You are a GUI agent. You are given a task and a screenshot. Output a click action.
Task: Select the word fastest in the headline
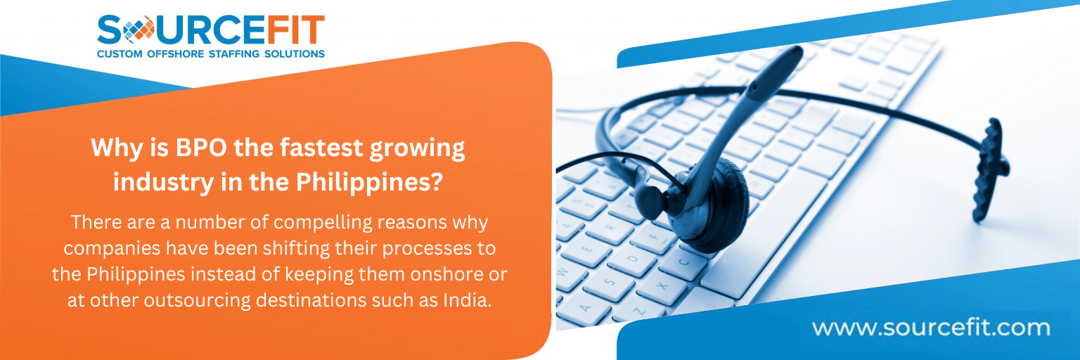(297, 149)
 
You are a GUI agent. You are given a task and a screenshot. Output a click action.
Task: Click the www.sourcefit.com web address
(930, 328)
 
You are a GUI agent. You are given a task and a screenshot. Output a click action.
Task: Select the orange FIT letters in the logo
(291, 30)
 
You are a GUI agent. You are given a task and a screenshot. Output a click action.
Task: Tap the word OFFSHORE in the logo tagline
(173, 53)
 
